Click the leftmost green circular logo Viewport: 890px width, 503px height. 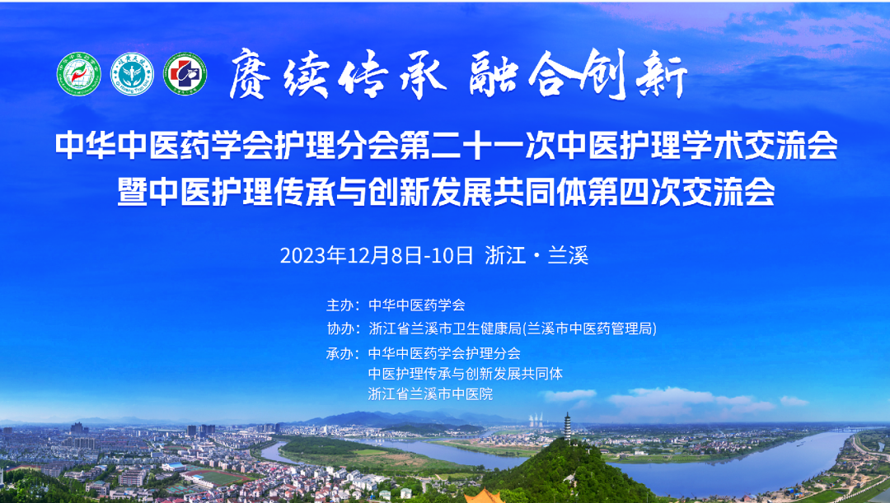[79, 74]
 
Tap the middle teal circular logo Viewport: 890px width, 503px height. [132, 74]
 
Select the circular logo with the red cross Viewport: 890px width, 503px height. [185, 74]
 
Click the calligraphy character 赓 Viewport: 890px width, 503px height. [251, 74]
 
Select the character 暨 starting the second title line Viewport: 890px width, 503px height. [132, 192]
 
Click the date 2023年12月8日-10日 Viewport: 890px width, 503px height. [377, 256]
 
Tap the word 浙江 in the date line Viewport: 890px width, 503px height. [505, 256]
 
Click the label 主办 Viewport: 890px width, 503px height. [340, 305]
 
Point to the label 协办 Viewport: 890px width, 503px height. [340, 328]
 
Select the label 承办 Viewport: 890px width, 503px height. [340, 353]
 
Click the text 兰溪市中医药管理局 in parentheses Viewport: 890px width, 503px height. [589, 328]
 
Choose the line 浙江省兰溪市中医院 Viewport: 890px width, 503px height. [430, 394]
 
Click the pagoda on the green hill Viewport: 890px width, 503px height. [568, 426]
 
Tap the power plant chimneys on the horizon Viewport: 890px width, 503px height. [536, 420]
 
